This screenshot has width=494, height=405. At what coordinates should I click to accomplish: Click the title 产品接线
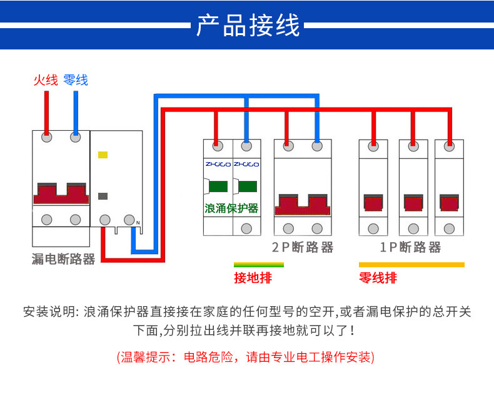coord(248,25)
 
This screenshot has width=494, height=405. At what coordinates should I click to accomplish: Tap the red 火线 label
coord(46,79)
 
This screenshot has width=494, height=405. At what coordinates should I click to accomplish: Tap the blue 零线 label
coord(76,79)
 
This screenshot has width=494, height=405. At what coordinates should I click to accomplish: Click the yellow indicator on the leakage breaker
coord(103,155)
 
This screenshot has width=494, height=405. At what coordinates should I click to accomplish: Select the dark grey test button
coord(103,196)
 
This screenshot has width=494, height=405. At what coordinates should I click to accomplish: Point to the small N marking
coord(138,223)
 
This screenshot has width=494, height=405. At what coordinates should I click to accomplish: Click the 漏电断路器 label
coord(63,259)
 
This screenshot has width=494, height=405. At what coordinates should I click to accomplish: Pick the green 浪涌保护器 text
coord(231,208)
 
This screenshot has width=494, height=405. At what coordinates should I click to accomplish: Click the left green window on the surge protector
coord(218,187)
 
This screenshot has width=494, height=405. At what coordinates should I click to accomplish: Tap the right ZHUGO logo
coord(246,165)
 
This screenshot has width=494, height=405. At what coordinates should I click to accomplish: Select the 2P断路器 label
coord(303,247)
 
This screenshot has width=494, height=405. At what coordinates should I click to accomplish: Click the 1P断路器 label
coord(410,247)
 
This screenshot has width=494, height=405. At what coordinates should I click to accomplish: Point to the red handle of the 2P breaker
coord(303,205)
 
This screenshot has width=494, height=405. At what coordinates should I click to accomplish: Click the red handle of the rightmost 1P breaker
coord(449,203)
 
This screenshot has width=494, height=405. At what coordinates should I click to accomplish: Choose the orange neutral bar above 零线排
coord(411,265)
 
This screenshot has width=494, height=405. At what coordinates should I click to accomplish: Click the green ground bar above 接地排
coord(259,265)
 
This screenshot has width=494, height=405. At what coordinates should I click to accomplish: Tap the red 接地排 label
coord(253,278)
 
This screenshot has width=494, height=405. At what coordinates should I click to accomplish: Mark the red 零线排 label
coord(378,278)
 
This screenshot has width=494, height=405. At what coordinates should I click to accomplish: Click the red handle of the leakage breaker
coord(61,193)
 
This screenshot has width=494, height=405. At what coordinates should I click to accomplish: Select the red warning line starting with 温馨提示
coord(246,357)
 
